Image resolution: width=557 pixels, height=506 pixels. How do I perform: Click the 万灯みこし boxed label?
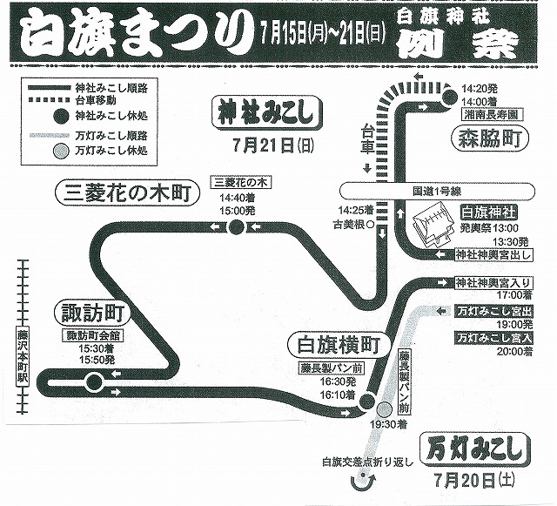tap(476, 449)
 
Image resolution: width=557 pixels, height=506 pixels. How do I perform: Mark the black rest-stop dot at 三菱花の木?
tap(236, 228)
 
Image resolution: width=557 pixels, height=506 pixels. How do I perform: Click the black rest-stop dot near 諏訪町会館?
tap(92, 381)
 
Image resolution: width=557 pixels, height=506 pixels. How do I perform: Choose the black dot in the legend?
tap(59, 115)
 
